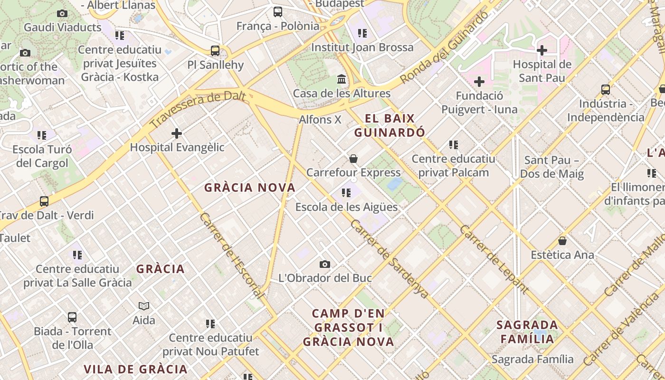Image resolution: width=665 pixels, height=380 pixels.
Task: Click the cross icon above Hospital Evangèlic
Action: pyautogui.click(x=177, y=133)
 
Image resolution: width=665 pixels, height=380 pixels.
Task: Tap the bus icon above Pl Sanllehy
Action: pyautogui.click(x=215, y=51)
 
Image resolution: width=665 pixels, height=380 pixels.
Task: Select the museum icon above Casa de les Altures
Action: pyautogui.click(x=342, y=79)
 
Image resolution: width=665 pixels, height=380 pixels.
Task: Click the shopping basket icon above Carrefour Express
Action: pyautogui.click(x=353, y=159)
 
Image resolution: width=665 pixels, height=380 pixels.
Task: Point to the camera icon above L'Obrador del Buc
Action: pyautogui.click(x=325, y=264)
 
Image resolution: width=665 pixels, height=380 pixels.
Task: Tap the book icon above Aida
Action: pyautogui.click(x=144, y=306)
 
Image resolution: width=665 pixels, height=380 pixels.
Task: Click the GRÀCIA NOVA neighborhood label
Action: pyautogui.click(x=250, y=188)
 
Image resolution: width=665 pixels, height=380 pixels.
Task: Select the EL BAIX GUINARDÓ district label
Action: pyautogui.click(x=389, y=125)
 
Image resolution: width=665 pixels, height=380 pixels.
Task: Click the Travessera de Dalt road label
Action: pyautogui.click(x=199, y=110)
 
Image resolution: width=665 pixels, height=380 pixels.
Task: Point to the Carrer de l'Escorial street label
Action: pyautogui.click(x=232, y=255)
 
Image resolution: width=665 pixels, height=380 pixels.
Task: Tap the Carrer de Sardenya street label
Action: pyautogui.click(x=389, y=258)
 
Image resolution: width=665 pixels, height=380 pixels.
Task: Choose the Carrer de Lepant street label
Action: pyautogui.click(x=494, y=259)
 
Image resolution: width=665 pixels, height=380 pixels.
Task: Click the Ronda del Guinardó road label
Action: pyautogui.click(x=444, y=48)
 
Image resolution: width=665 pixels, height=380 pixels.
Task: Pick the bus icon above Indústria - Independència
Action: pyautogui.click(x=606, y=90)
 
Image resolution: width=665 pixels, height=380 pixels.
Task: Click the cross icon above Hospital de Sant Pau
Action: pyautogui.click(x=542, y=50)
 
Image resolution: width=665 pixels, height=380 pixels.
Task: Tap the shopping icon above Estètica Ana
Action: pyautogui.click(x=562, y=241)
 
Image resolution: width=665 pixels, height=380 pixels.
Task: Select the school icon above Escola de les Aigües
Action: pyautogui.click(x=346, y=193)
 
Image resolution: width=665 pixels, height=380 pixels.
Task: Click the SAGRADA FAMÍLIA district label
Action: pyautogui.click(x=527, y=332)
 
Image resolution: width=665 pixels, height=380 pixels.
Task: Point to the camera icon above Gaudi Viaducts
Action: pyautogui.click(x=62, y=13)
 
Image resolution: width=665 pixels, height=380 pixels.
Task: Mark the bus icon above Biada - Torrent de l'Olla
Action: pyautogui.click(x=72, y=317)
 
